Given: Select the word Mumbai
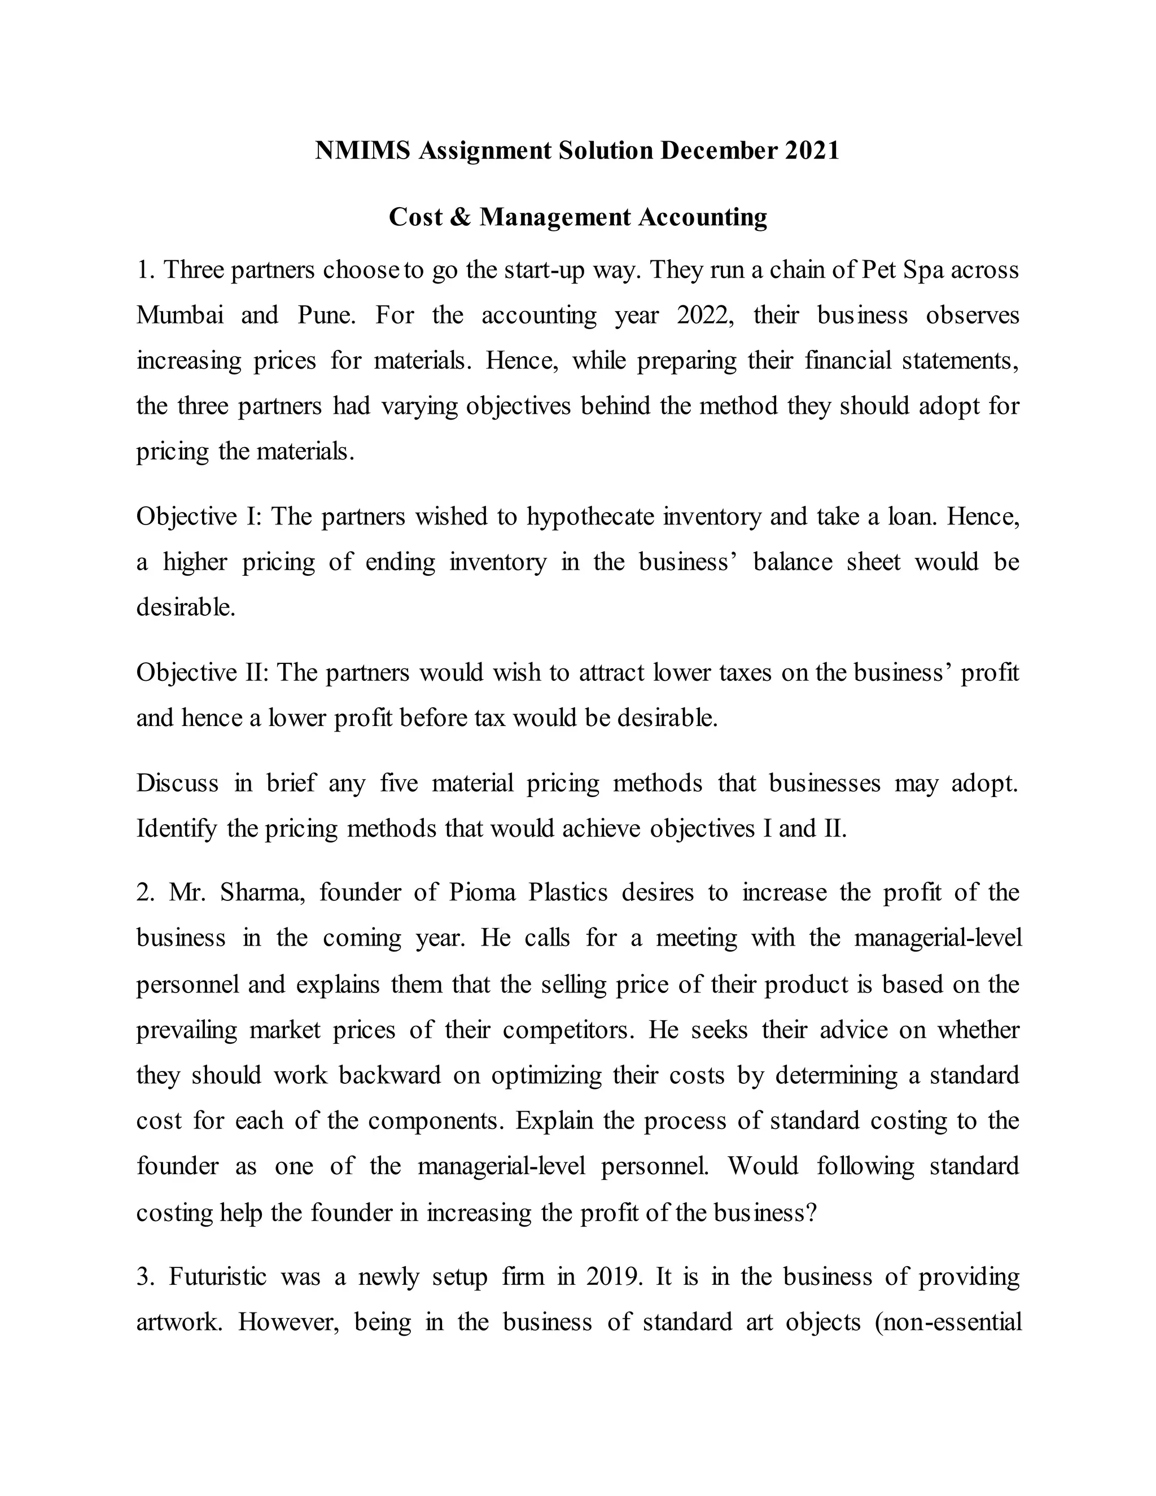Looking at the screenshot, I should [x=180, y=315].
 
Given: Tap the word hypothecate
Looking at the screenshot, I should [x=590, y=517].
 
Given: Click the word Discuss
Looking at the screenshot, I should [x=177, y=783].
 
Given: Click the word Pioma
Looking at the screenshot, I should [x=482, y=893].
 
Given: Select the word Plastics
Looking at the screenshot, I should [x=568, y=893].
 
